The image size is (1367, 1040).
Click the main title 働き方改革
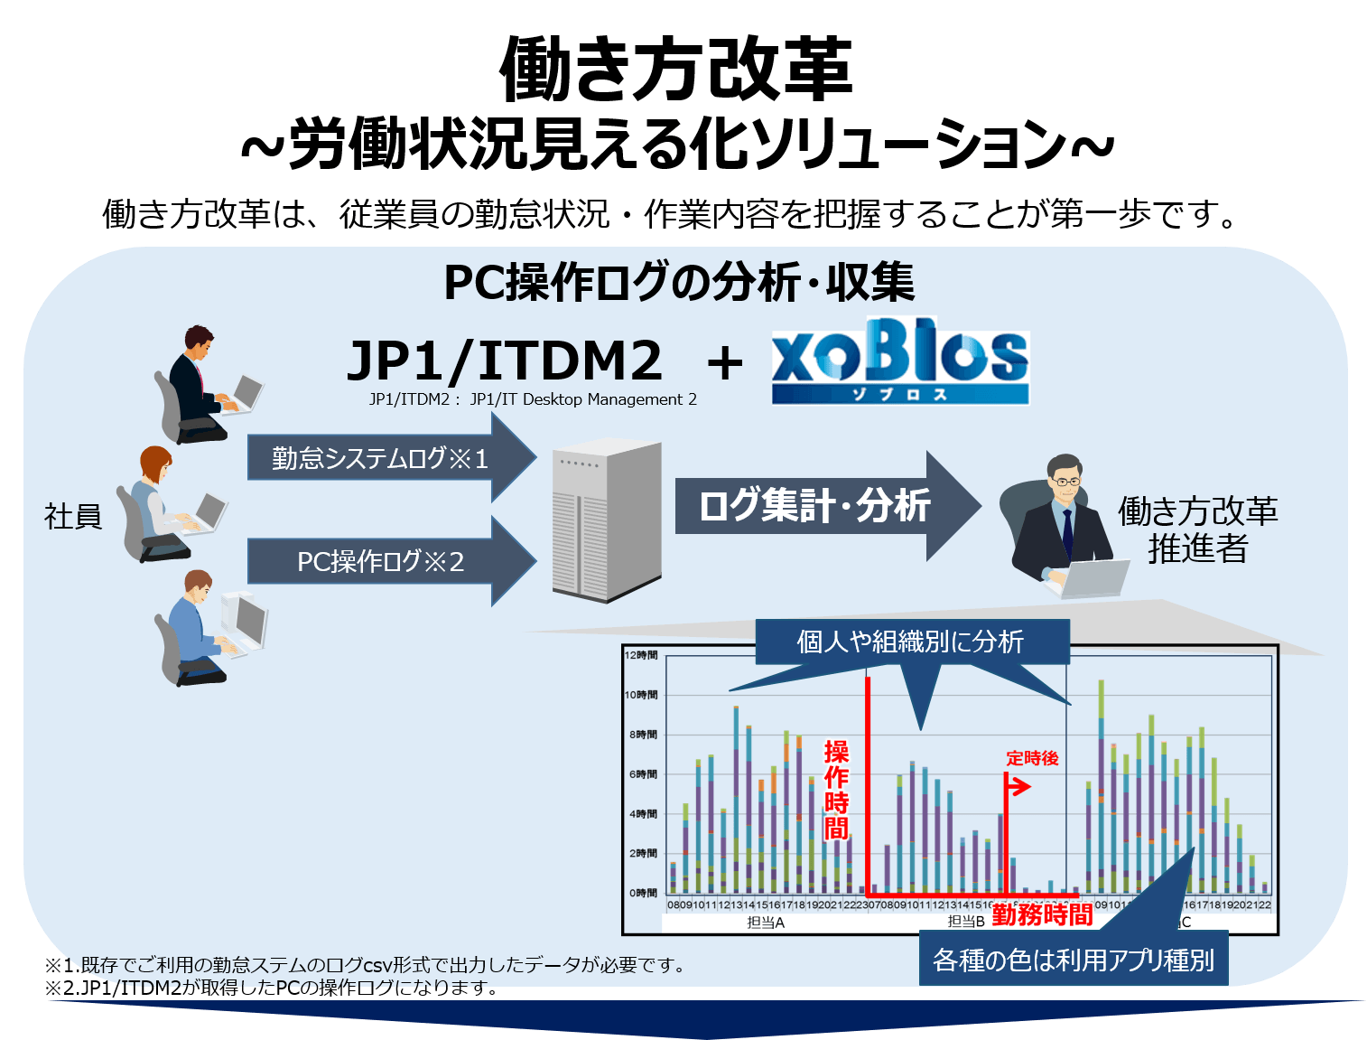675,70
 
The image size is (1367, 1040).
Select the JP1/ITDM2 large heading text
505,361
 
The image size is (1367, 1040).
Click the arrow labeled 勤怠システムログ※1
380,458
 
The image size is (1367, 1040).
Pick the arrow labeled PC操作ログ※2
380,561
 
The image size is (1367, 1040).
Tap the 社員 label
73,517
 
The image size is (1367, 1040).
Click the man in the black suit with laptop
204,384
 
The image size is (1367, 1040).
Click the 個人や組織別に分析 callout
910,642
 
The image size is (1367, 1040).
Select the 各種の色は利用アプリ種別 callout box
1073,960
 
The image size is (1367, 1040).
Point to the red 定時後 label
1032,758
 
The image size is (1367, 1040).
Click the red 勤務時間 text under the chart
1042,914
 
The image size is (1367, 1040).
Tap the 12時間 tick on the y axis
641,655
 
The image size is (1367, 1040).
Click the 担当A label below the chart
766,923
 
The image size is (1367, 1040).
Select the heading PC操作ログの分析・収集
679,282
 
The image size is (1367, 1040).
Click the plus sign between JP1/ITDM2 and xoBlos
724,363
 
